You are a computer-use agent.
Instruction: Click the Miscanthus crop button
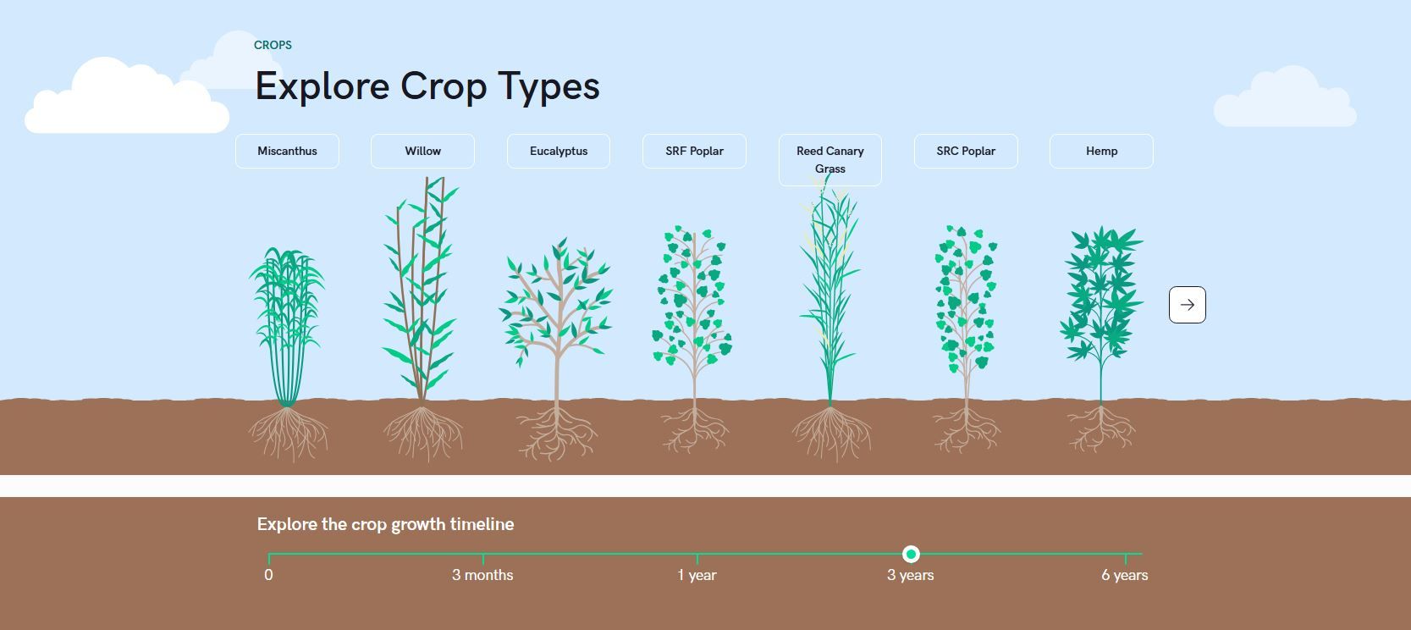tap(287, 151)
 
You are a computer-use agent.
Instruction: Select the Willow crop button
tap(422, 151)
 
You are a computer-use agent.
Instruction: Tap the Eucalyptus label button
tap(559, 151)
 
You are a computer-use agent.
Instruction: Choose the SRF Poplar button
tap(694, 151)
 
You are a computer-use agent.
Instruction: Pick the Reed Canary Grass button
tap(830, 159)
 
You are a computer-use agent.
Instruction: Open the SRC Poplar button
tap(966, 151)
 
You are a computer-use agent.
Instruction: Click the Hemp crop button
tap(1101, 151)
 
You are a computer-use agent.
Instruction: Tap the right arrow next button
tap(1187, 305)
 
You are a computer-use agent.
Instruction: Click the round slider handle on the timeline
tap(911, 554)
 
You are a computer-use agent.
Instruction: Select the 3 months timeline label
tap(482, 575)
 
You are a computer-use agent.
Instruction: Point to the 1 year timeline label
tap(697, 575)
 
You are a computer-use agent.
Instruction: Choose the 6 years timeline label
tap(1124, 575)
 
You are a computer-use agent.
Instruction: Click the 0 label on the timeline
tap(268, 575)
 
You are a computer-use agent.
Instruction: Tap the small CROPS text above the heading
tap(273, 45)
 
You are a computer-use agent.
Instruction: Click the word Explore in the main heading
tap(322, 86)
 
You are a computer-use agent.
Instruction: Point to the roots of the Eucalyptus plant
tap(557, 432)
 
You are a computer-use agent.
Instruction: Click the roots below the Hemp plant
tap(1101, 428)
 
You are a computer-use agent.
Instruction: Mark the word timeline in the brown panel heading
tap(482, 524)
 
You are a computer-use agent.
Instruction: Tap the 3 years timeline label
tap(910, 575)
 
